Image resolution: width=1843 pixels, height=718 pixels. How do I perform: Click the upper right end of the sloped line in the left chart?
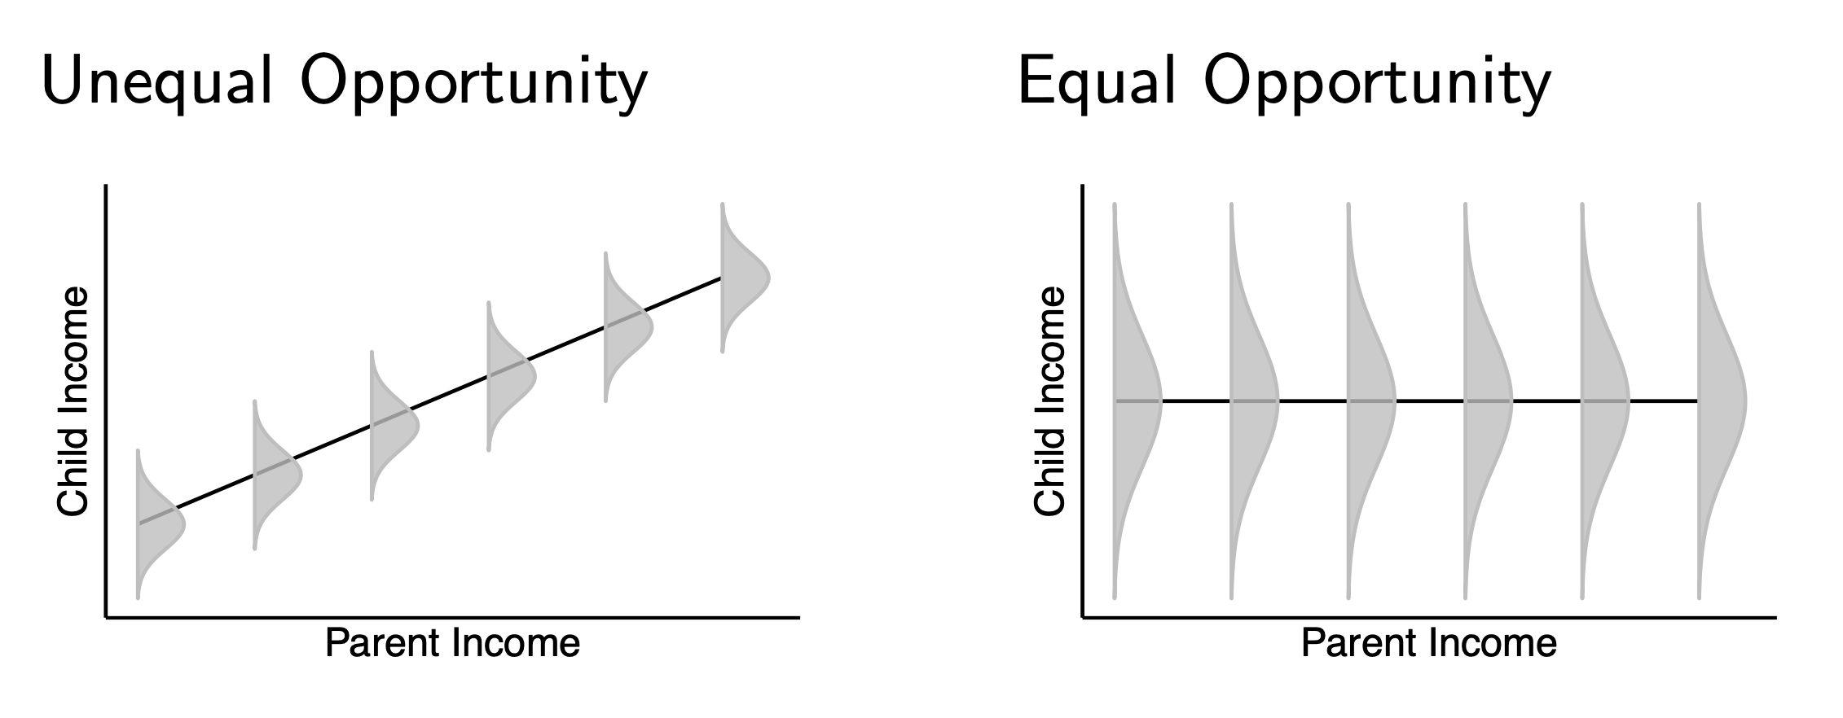722,278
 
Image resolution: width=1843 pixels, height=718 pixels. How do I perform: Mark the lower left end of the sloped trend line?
139,523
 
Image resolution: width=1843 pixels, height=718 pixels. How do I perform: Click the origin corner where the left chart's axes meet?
106,618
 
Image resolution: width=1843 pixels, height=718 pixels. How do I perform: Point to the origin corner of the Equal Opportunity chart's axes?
1083,618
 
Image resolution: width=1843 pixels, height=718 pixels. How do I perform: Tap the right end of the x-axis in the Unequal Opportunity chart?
799,618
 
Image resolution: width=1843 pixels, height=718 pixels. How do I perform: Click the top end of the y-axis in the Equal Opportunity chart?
1083,186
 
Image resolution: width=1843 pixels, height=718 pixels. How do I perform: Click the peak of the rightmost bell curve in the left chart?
769,278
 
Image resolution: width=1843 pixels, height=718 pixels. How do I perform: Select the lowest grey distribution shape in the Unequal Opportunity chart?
161,523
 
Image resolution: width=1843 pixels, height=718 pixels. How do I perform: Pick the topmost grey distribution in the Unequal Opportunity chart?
745,278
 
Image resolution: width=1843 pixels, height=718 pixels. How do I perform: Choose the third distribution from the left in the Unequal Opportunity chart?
394,425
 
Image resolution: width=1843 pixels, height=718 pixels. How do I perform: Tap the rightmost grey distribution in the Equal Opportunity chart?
1722,401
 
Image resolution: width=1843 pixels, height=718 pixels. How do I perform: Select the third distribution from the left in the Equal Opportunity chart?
1372,401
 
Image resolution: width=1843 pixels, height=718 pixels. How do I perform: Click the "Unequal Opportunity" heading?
345,83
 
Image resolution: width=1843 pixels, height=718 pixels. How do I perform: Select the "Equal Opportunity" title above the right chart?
1284,83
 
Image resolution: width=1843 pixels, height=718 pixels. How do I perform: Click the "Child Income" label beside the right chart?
1049,401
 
